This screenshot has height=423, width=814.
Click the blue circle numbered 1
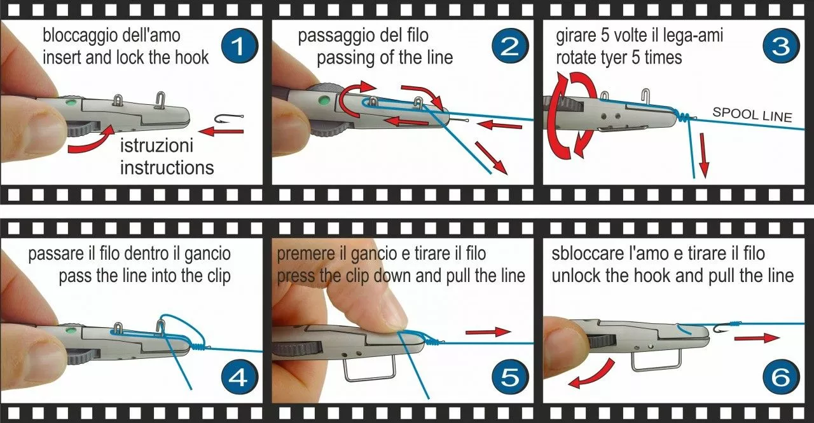point(240,46)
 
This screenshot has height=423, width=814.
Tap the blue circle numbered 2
point(511,46)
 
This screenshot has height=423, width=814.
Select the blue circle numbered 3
point(782,46)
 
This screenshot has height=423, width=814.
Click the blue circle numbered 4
point(240,377)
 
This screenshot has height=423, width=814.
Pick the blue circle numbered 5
point(511,377)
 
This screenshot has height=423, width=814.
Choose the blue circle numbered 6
point(782,377)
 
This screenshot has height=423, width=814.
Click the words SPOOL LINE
point(752,115)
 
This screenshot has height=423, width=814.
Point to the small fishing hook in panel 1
point(229,118)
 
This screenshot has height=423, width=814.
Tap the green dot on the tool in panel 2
point(322,100)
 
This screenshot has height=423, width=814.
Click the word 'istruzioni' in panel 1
point(156,146)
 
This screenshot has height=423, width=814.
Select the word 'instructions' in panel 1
point(167,168)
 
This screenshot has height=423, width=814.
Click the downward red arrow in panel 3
point(704,155)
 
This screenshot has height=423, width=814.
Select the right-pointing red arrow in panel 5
point(488,332)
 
